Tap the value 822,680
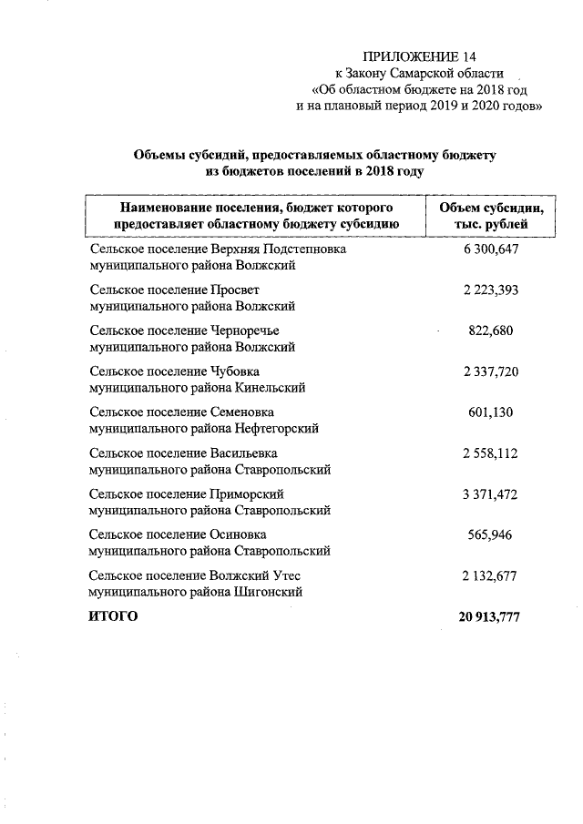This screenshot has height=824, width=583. [490, 331]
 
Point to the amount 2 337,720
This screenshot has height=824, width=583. [490, 371]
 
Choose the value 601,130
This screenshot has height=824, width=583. [490, 412]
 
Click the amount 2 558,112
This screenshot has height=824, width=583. [490, 453]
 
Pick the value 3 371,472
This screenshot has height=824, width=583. [490, 493]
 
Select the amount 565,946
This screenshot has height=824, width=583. [490, 534]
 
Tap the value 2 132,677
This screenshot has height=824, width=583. [490, 575]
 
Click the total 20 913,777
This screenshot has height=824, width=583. [490, 617]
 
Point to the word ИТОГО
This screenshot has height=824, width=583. [113, 617]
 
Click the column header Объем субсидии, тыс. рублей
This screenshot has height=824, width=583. [491, 214]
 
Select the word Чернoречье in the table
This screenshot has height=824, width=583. [244, 331]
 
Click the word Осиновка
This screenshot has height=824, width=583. [239, 534]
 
